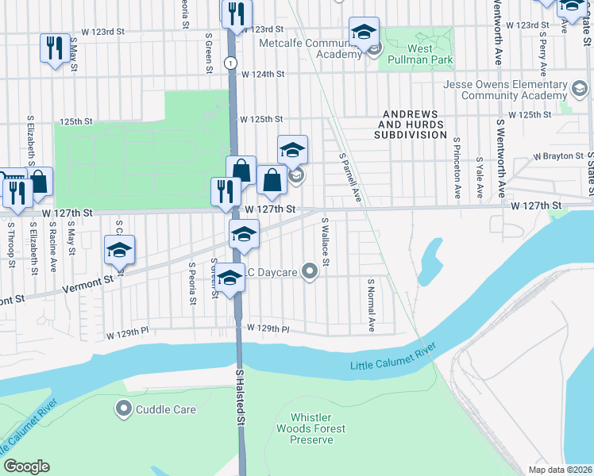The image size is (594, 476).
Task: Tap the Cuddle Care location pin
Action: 123,409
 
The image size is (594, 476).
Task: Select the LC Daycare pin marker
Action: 310,272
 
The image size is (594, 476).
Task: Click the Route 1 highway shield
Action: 229,62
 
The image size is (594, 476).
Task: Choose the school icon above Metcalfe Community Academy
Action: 364,33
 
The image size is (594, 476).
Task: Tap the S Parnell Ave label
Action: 350,178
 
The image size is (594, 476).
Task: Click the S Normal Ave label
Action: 370,304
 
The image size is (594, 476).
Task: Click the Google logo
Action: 26,466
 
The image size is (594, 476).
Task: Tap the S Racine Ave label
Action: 53,246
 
